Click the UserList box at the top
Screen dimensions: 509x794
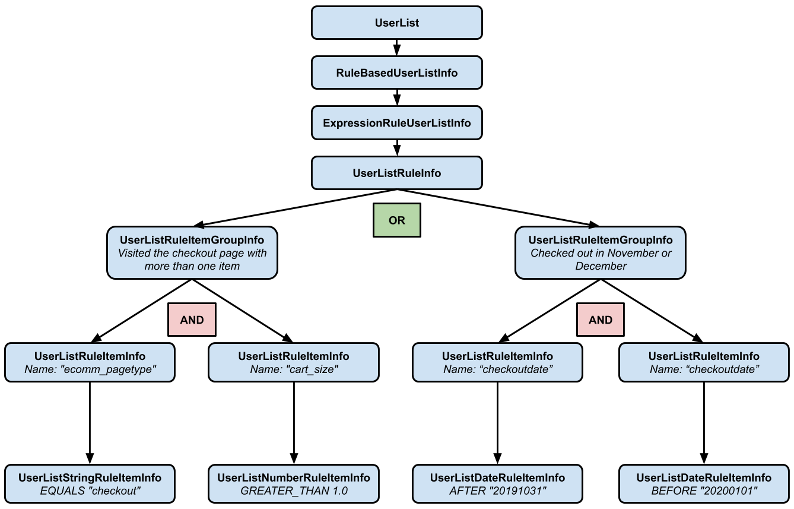(396, 23)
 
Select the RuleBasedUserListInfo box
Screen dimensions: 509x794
(396, 73)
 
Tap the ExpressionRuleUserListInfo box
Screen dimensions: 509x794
(396, 123)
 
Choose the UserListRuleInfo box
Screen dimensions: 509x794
(396, 173)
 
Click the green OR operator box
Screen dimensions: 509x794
(396, 220)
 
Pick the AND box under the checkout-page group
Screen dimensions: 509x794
(192, 320)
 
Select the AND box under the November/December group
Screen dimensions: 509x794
(600, 320)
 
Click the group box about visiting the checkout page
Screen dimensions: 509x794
(192, 253)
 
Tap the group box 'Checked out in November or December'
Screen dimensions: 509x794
(600, 253)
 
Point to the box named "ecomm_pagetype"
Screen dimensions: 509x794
(90, 362)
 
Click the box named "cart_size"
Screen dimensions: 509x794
(293, 362)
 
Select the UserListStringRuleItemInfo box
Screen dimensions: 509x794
(90, 484)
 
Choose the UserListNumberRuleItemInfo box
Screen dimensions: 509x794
(293, 484)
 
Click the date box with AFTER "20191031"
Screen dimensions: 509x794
(497, 484)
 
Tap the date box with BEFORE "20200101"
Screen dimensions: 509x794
(704, 484)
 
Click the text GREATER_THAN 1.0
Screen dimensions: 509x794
(294, 491)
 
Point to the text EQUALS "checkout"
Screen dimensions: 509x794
(90, 491)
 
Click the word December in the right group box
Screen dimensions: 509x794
(601, 267)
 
